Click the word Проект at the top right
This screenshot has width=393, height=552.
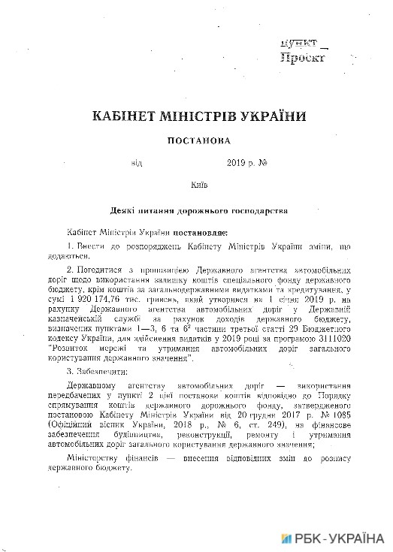(304, 56)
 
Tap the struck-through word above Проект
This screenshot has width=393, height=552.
(299, 44)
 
